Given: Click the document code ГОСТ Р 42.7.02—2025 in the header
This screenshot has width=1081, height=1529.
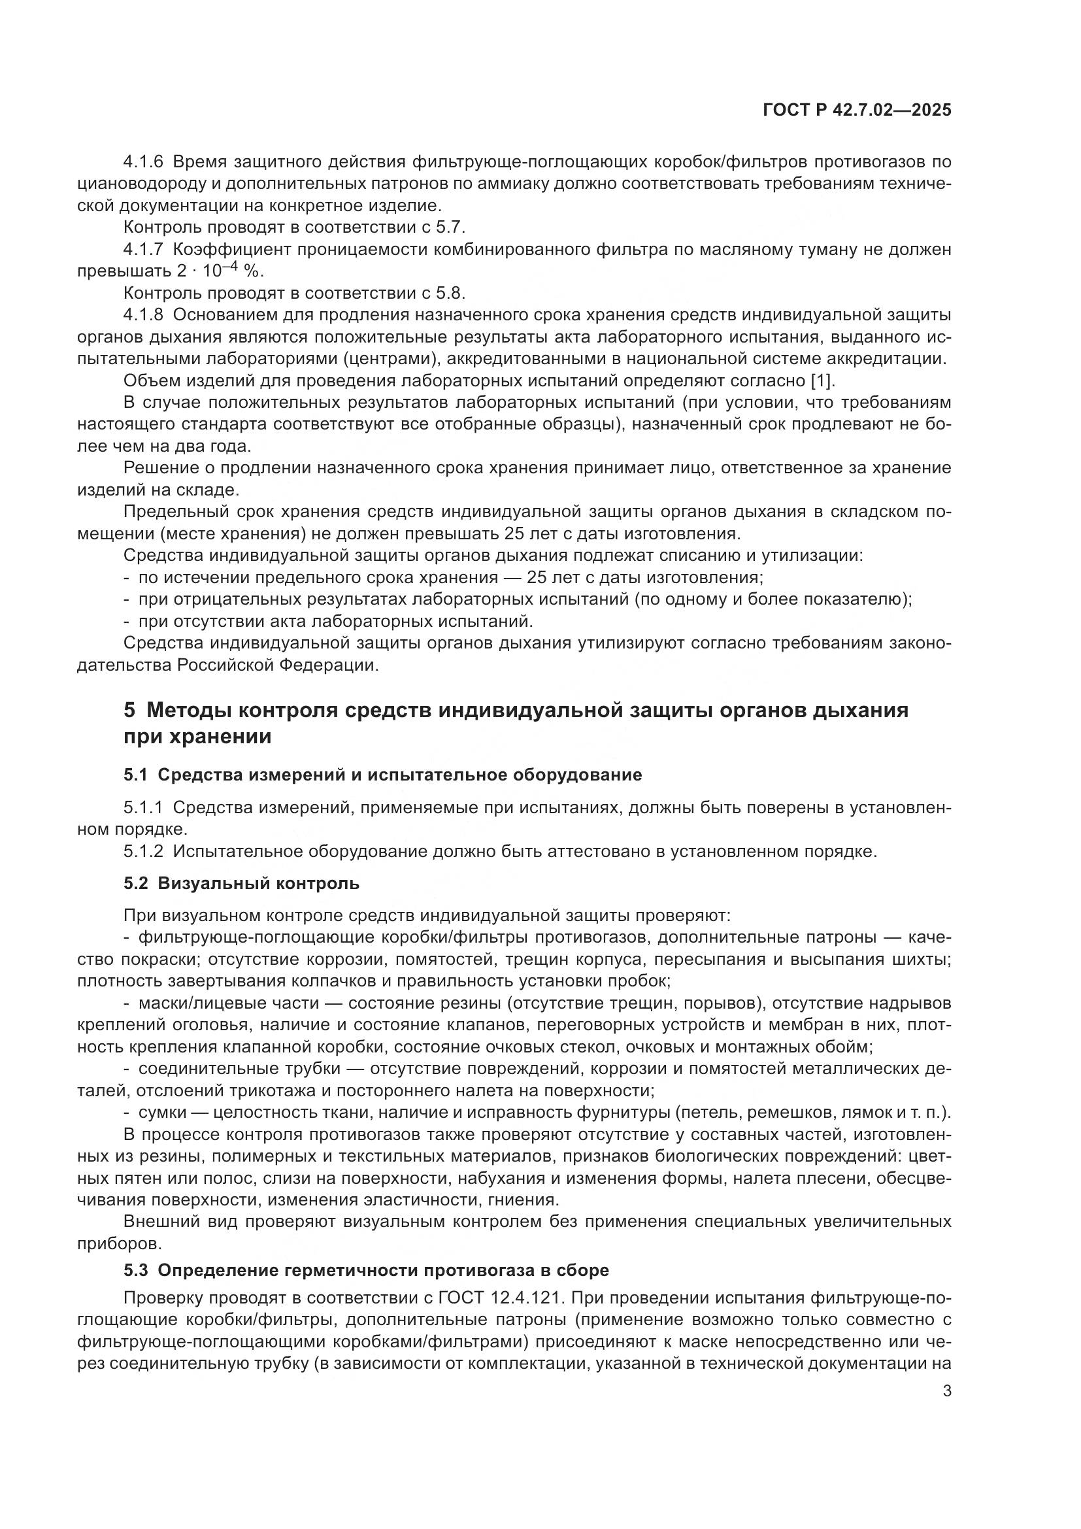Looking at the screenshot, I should click(857, 110).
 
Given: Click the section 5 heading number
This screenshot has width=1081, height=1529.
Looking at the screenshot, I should click(129, 710).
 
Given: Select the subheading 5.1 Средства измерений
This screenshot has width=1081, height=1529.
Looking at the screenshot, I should click(383, 775).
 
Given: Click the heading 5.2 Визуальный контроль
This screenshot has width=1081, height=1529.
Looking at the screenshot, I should click(241, 883).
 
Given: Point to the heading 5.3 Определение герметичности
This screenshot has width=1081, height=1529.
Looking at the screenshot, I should click(366, 1270).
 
